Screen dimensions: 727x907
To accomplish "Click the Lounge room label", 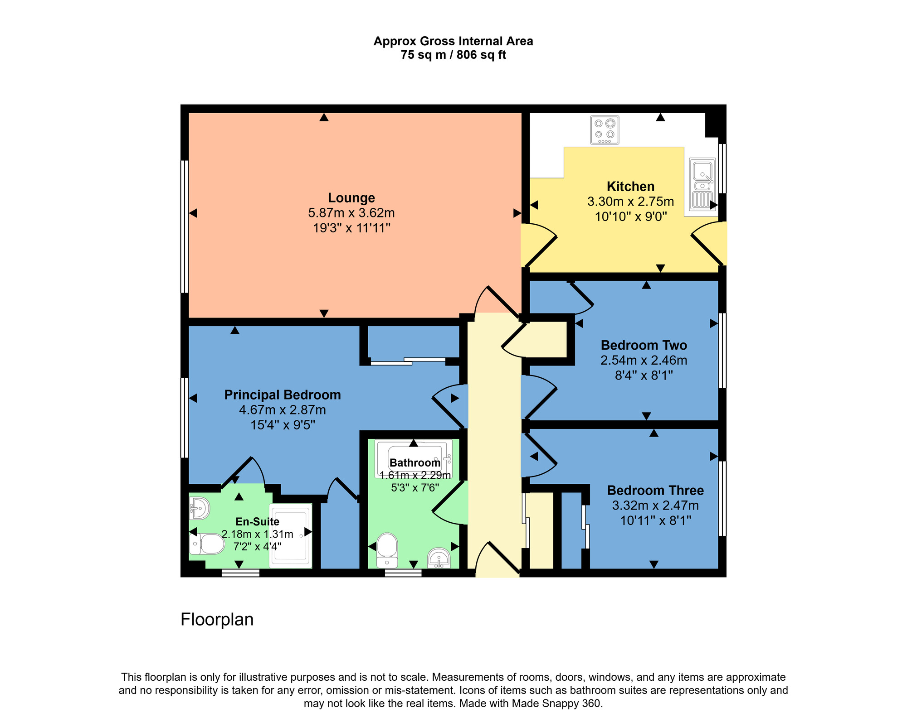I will tap(351, 198).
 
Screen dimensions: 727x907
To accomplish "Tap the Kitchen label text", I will tap(630, 187).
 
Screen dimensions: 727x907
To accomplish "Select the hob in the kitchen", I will tap(605, 130).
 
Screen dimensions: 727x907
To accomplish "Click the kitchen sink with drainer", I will tap(702, 184).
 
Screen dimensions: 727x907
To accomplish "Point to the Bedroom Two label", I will tap(644, 345).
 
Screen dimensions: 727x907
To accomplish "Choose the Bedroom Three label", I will tap(655, 490).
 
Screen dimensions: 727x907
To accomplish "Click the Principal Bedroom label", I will tap(283, 395).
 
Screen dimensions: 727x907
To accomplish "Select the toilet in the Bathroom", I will tap(387, 549).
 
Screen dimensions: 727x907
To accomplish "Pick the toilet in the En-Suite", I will tap(207, 544).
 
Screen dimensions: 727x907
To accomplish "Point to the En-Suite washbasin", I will tap(199, 508).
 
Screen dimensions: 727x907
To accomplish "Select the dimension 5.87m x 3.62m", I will tap(351, 213).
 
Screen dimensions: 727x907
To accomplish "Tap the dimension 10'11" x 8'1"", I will tap(655, 520).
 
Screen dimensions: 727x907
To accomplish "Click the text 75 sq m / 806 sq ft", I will tap(453, 55).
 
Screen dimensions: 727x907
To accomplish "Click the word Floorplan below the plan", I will tap(217, 619).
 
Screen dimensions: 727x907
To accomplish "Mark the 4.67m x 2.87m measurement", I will tap(283, 410).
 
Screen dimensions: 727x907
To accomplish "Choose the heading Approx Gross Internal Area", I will tap(453, 41).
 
